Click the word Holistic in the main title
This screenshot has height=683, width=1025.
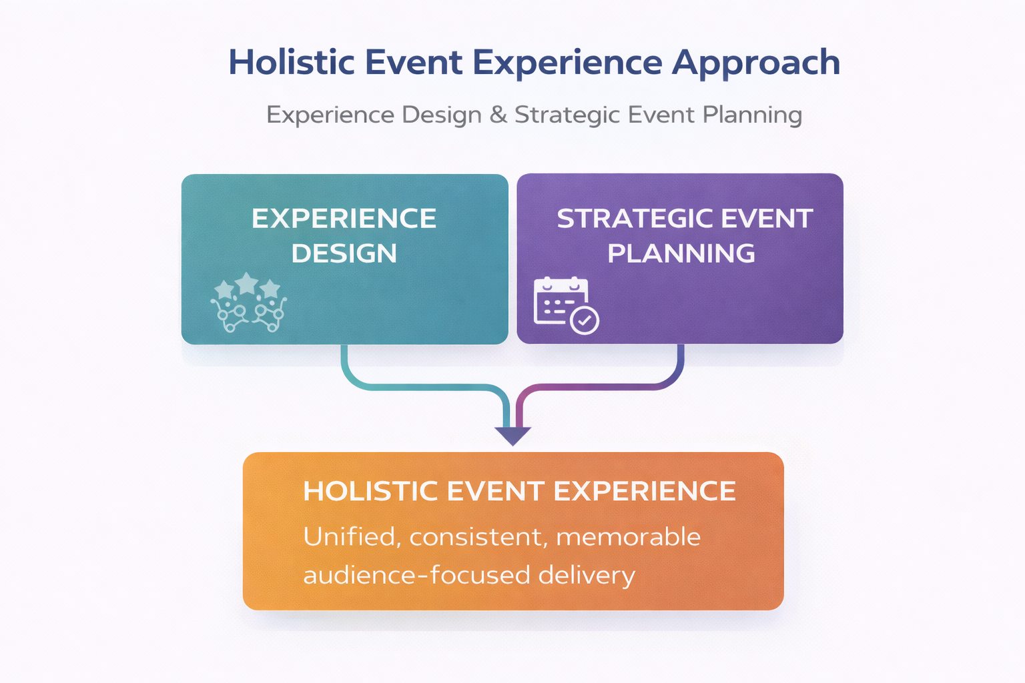pos(292,62)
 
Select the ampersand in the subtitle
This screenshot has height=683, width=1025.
pos(498,114)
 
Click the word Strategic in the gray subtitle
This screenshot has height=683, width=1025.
pos(567,115)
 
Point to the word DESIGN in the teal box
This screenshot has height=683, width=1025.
pos(344,253)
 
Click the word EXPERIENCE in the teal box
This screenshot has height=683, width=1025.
pos(344,218)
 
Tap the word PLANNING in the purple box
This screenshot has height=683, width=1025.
pos(681,253)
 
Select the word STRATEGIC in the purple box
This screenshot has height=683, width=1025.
pos(629,218)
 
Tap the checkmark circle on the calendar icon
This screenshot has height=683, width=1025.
pos(585,321)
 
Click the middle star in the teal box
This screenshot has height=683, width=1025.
pos(247,283)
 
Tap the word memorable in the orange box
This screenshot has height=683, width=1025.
pos(628,537)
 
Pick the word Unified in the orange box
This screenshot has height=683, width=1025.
pos(352,537)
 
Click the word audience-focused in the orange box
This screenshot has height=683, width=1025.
pos(417,575)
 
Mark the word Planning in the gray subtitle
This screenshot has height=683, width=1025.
pos(752,115)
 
